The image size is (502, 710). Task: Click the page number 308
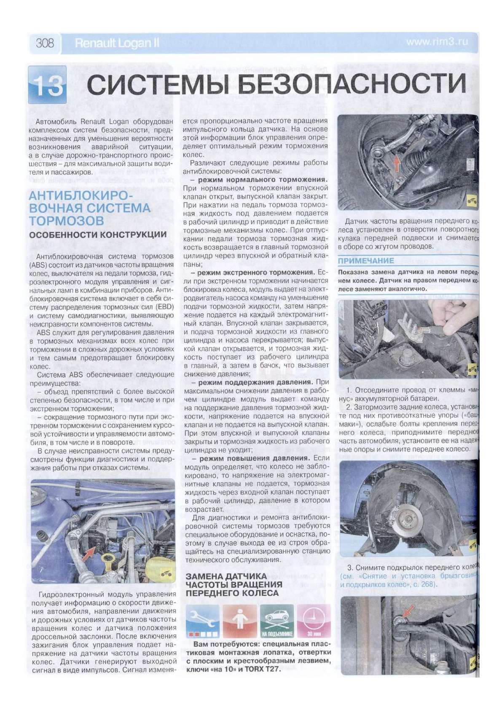45,43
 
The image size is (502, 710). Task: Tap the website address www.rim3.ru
437,42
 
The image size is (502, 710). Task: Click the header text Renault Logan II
116,43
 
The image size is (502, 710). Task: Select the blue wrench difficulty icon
203,623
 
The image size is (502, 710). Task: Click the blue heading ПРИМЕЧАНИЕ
366,261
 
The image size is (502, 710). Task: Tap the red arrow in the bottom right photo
407,609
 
